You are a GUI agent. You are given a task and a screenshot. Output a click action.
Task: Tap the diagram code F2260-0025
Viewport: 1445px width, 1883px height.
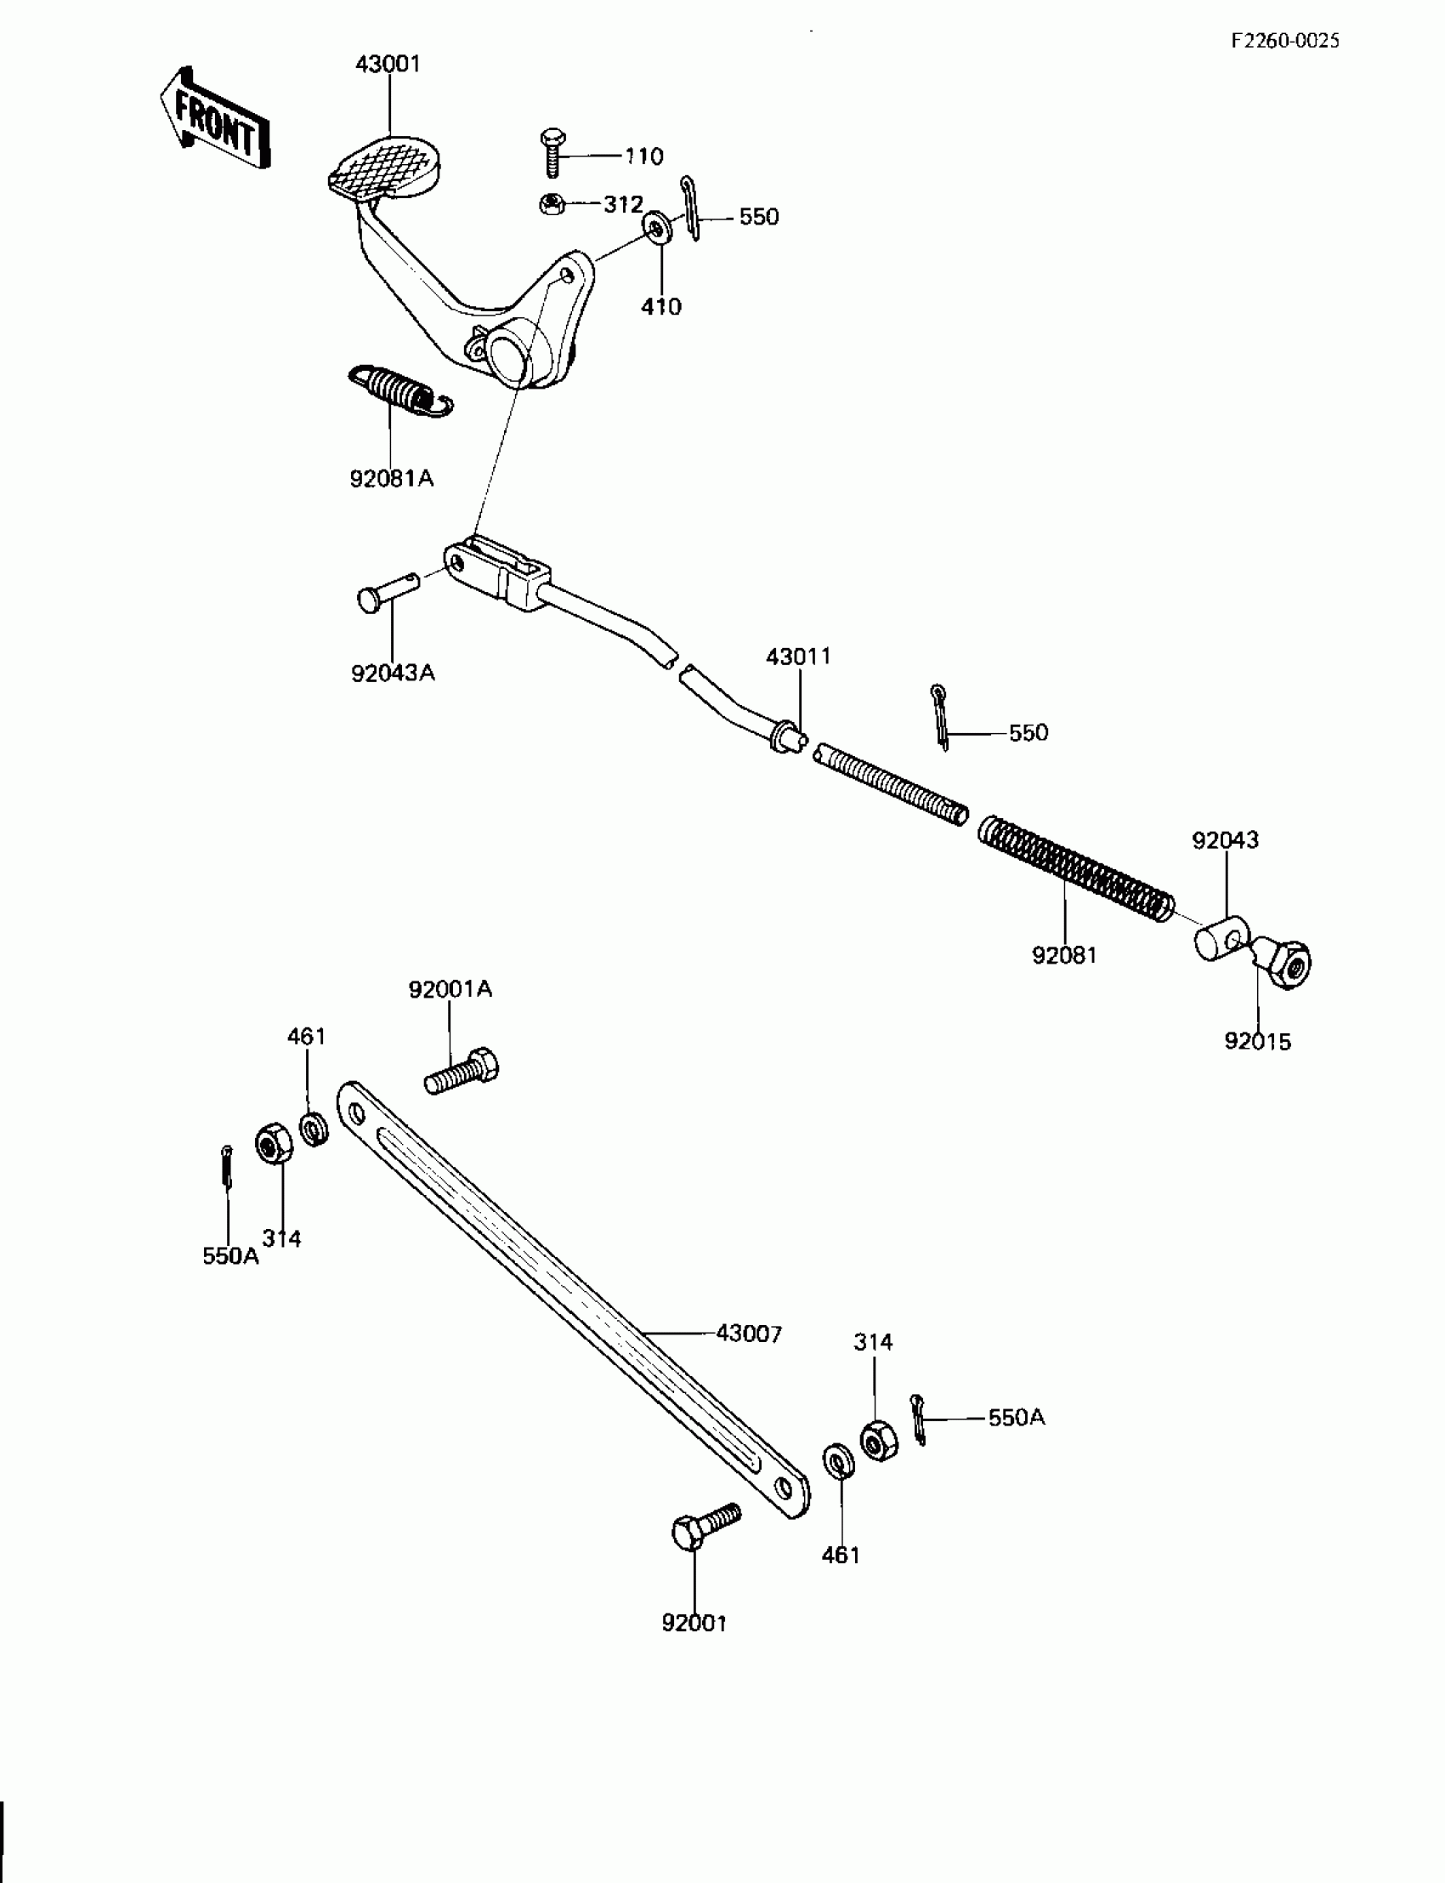(1285, 41)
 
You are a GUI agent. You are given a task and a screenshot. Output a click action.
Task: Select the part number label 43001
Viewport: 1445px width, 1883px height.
(388, 65)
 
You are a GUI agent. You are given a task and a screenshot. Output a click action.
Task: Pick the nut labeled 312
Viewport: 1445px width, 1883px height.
(552, 204)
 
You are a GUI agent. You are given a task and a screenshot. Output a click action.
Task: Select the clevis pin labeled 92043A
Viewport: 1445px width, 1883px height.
(386, 592)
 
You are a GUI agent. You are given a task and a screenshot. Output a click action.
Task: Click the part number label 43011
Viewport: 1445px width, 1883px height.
(798, 657)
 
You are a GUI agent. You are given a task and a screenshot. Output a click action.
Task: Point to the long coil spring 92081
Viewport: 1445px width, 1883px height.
(1075, 869)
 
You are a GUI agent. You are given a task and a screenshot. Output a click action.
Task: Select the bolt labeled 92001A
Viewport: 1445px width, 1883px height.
(462, 1072)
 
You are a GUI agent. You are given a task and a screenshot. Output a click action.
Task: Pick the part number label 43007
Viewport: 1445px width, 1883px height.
(749, 1334)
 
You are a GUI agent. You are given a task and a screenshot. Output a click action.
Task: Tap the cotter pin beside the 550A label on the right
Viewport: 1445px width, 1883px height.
(919, 1419)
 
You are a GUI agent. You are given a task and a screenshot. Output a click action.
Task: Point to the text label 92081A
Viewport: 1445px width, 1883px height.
(391, 479)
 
